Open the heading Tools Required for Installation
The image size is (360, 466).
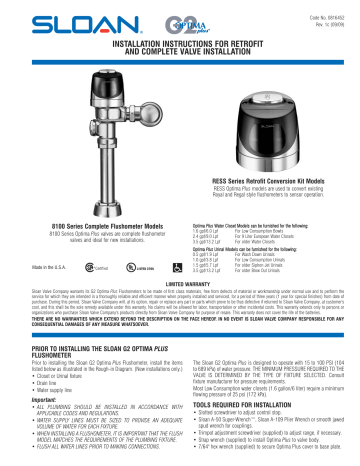tap(241, 387)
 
